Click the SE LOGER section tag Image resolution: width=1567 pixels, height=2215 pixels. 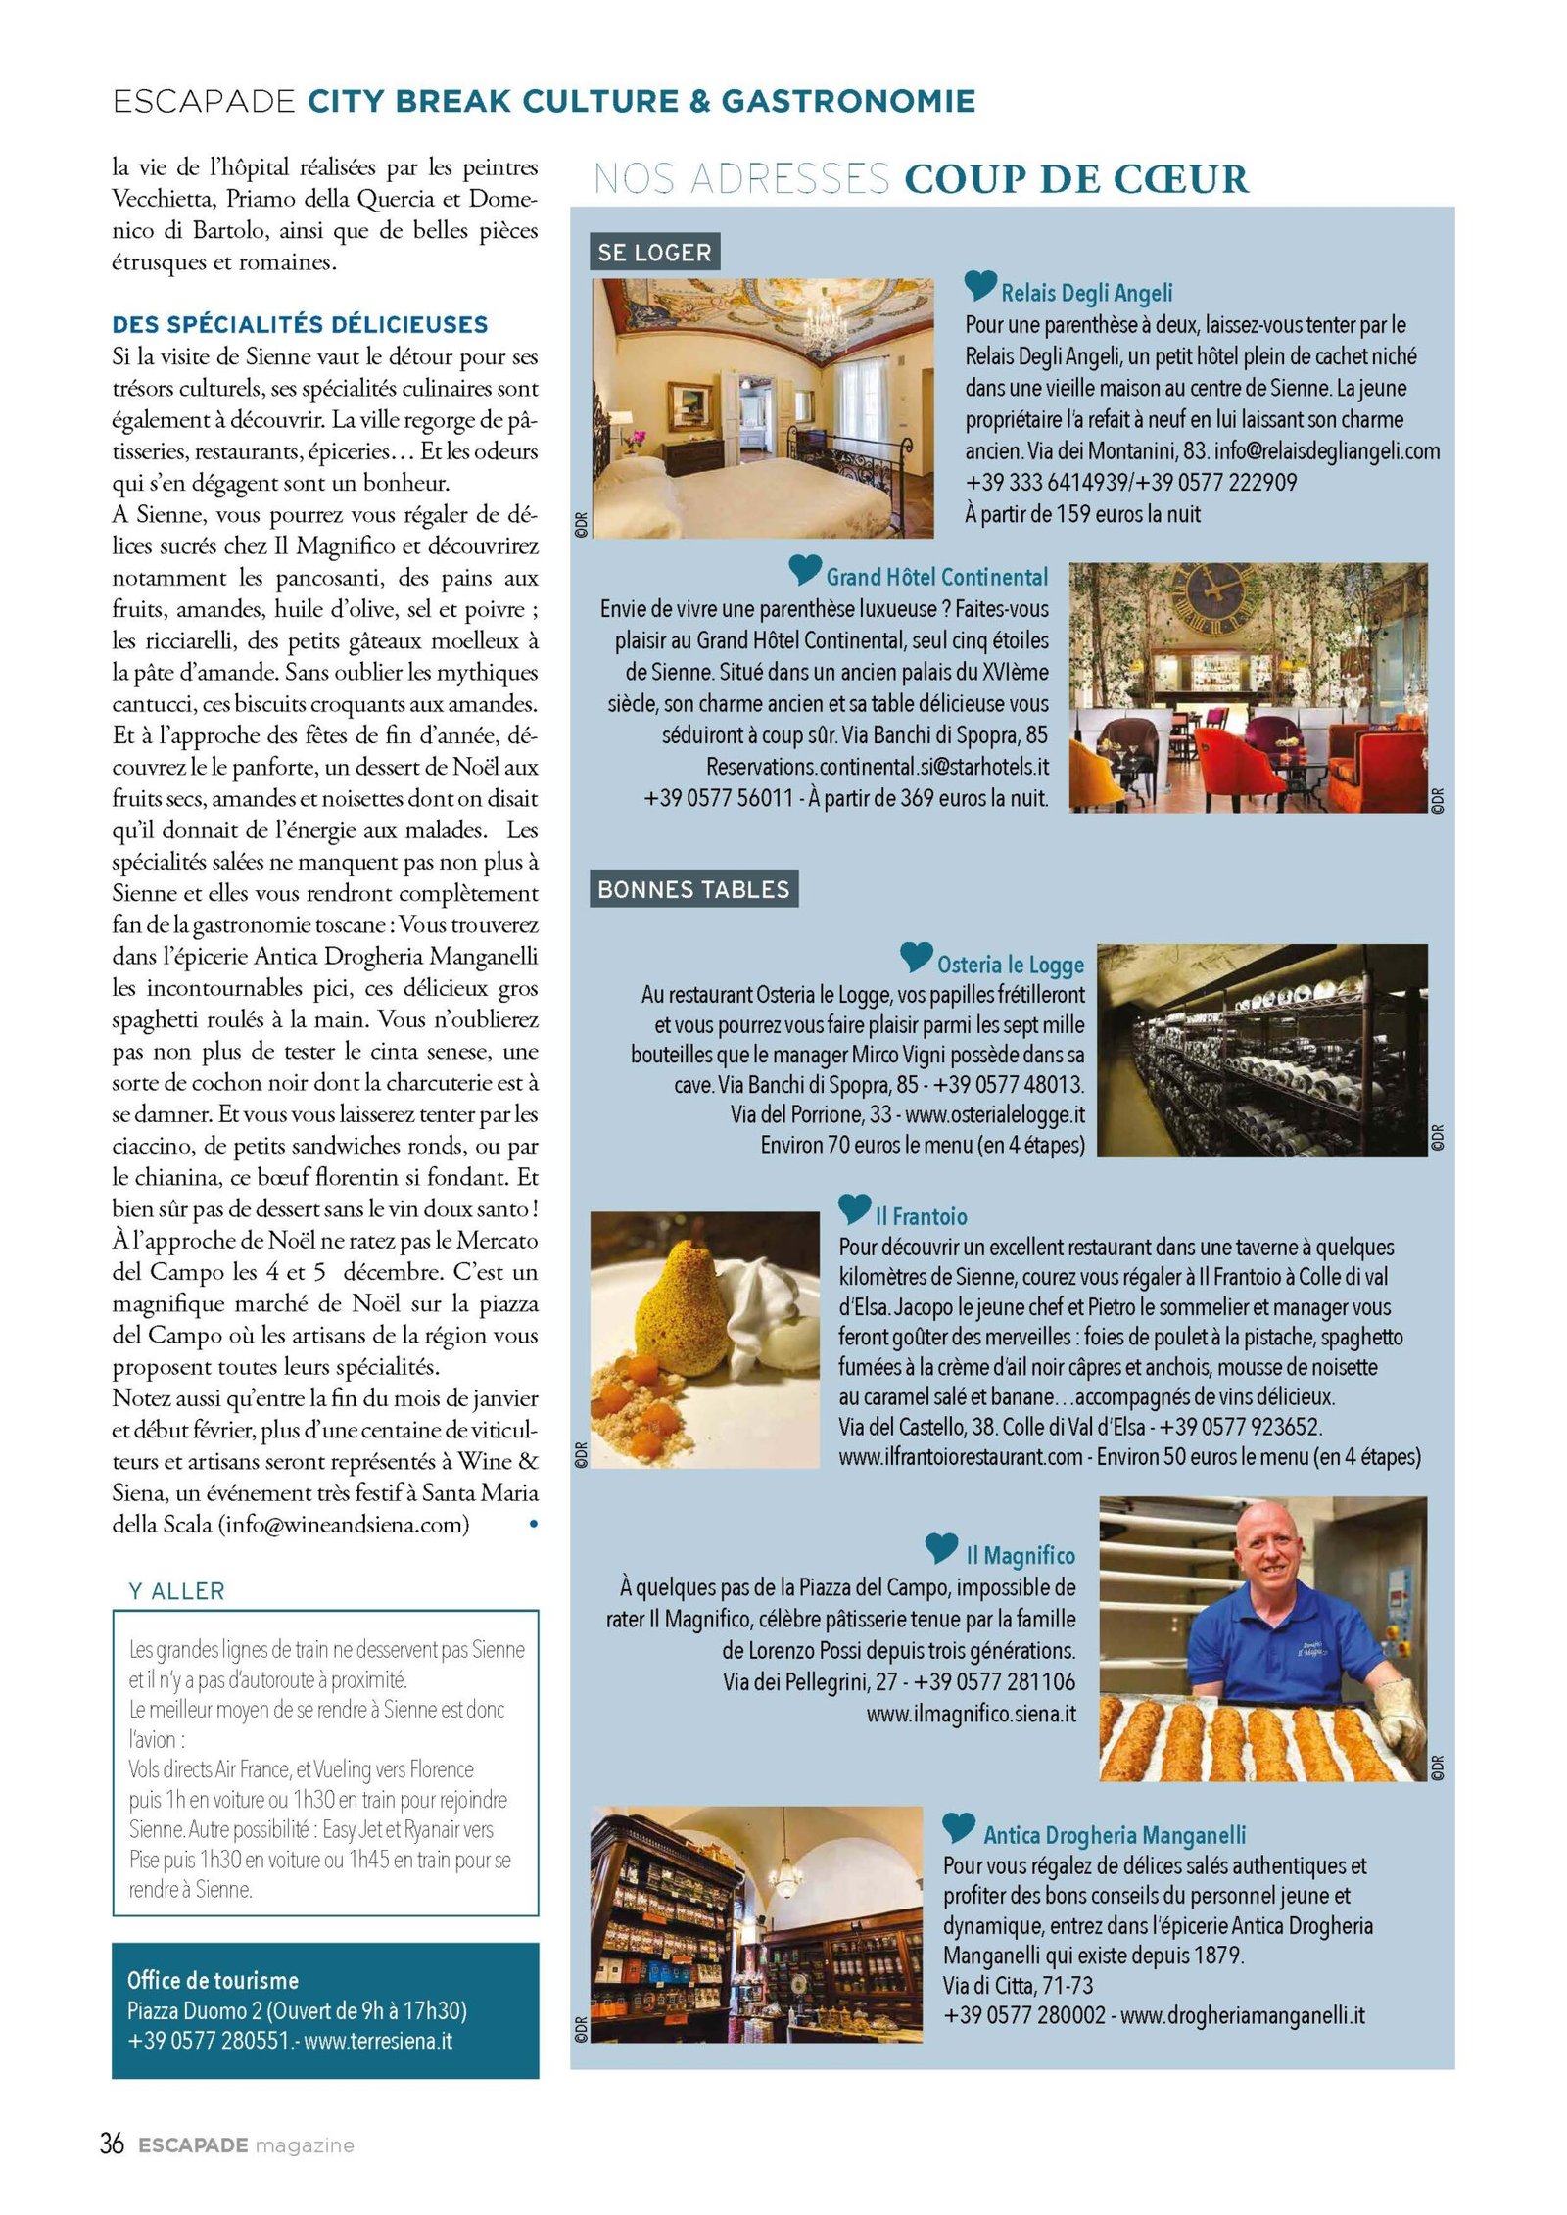654,252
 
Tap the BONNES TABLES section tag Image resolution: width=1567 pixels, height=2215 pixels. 693,889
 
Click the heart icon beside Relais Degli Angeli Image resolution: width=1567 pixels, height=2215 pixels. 979,285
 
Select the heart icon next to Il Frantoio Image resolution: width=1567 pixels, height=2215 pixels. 854,1210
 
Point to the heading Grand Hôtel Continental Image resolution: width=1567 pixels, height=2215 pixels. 936,577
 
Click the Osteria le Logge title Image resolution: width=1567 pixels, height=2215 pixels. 1010,965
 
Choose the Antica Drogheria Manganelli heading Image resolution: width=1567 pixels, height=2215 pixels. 1115,1834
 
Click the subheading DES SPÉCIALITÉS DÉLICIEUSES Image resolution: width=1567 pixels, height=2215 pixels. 300,324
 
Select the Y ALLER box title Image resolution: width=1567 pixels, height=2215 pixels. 177,1591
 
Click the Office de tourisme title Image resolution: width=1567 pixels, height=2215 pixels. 213,1980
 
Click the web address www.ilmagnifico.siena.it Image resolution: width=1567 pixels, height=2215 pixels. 971,1715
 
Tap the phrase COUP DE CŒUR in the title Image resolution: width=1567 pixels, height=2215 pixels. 1076,179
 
